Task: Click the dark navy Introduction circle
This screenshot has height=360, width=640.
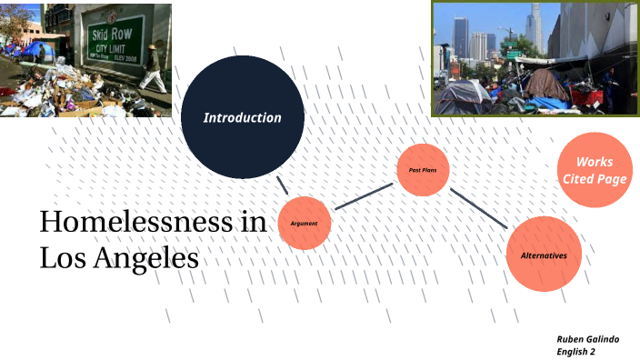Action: (242, 117)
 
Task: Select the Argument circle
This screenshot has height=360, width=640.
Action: (305, 223)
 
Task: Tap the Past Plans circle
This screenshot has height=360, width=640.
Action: (423, 170)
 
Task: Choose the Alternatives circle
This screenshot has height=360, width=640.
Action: (544, 255)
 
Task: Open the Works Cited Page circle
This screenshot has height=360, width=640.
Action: (595, 170)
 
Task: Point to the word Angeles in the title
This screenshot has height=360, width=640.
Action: (149, 257)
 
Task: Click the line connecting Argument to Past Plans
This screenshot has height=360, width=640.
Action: (363, 197)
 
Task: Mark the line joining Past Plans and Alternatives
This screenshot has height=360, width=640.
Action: (479, 209)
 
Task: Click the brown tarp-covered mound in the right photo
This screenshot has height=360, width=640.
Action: (545, 85)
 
